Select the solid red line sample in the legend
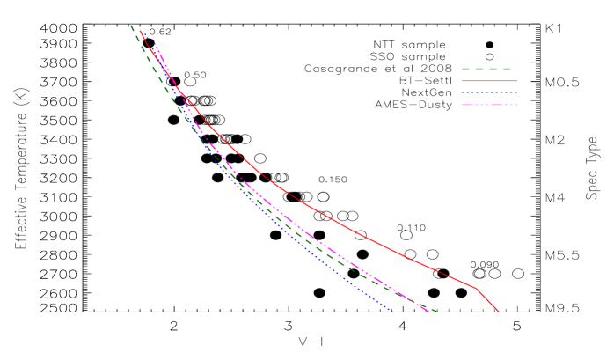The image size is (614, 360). [489, 81]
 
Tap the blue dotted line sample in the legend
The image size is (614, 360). [489, 92]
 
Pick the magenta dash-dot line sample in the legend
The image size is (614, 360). [489, 105]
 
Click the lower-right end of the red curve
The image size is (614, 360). [498, 311]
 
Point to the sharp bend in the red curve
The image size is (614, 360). [475, 287]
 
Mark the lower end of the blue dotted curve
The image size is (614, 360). [391, 310]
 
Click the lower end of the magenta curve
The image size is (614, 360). [429, 312]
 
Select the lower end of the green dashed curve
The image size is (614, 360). [437, 312]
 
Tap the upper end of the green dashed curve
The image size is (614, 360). [132, 26]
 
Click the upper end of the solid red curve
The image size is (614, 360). [141, 31]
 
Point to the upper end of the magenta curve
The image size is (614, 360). [156, 44]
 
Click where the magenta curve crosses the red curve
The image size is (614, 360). [179, 89]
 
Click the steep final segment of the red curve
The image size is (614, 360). [486, 299]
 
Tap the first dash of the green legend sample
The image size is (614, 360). [465, 69]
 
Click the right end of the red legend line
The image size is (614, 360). [516, 81]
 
